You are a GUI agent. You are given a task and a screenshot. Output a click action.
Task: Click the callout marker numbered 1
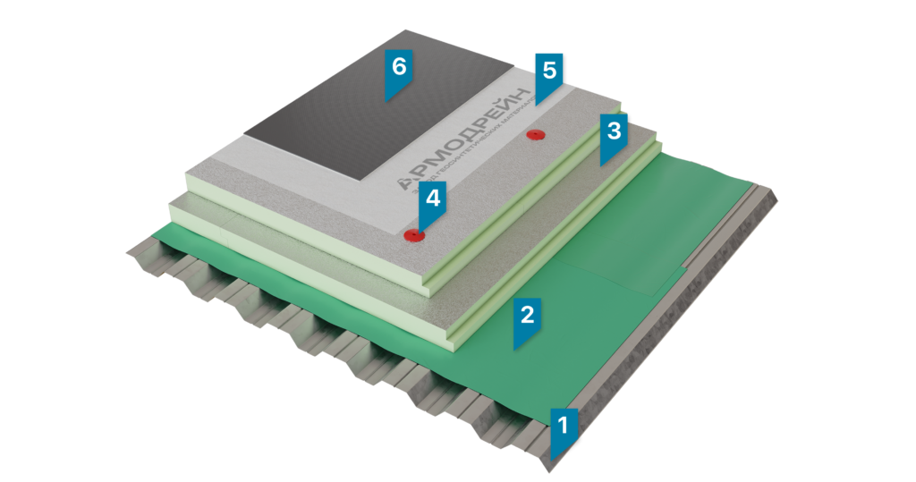[563, 427]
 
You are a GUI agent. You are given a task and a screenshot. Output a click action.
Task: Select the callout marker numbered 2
[527, 317]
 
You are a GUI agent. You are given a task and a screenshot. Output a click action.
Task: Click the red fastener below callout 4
[412, 236]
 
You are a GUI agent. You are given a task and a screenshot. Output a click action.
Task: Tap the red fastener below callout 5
[535, 135]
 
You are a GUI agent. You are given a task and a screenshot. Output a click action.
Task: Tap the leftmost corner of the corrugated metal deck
[125, 252]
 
